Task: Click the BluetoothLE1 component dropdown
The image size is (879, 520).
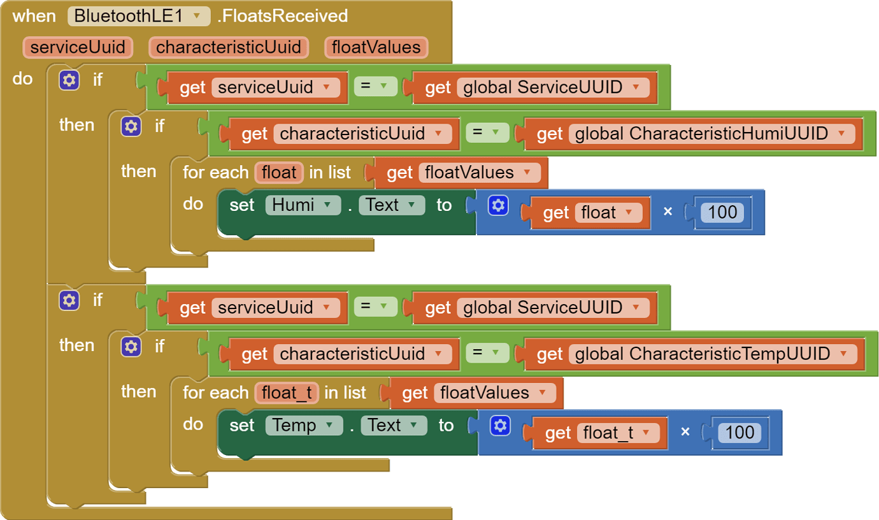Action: (x=139, y=16)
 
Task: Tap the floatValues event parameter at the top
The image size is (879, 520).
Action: (x=376, y=48)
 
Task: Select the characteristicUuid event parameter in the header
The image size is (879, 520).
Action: (x=228, y=48)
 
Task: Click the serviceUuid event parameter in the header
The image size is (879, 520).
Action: (x=78, y=48)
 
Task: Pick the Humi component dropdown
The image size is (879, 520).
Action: (x=303, y=205)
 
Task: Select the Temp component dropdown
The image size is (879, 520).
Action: (x=304, y=426)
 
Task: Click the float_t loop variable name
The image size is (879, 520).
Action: (x=287, y=393)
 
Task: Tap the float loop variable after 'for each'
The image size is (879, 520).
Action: (x=279, y=172)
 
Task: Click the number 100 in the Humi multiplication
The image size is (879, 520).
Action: (x=722, y=213)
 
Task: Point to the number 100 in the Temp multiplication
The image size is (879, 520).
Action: (x=740, y=433)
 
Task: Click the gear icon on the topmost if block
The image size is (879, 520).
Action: (x=69, y=80)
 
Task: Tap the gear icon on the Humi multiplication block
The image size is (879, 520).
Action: (x=498, y=205)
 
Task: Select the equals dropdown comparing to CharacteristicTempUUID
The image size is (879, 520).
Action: (x=487, y=352)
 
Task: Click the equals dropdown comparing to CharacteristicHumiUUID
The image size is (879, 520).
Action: (x=487, y=132)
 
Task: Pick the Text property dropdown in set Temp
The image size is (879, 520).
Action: (x=394, y=426)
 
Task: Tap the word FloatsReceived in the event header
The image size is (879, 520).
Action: (x=283, y=16)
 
